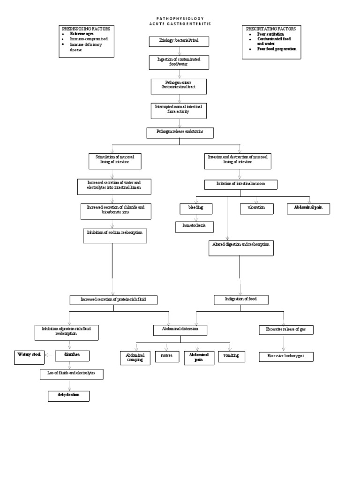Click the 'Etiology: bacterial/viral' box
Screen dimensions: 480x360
(x=179, y=41)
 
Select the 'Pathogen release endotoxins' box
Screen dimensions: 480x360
(x=180, y=133)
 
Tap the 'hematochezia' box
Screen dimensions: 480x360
(x=195, y=226)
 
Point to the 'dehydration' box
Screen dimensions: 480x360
(x=68, y=396)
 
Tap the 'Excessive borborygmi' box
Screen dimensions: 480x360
(x=286, y=356)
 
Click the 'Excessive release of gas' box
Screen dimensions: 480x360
(x=286, y=330)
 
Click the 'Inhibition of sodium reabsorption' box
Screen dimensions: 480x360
(x=115, y=235)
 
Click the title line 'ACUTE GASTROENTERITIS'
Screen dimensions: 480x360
(x=180, y=23)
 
